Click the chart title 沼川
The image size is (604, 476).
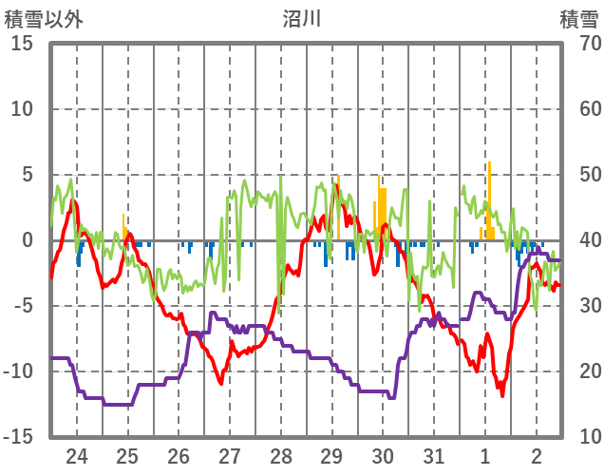[302, 18]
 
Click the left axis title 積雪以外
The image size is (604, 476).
[43, 18]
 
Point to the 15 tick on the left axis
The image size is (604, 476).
[23, 44]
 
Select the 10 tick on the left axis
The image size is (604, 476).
[23, 109]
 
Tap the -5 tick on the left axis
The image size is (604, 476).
[23, 306]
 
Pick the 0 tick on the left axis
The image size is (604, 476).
[28, 240]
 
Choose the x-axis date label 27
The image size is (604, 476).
[230, 455]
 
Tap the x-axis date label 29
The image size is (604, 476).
[331, 455]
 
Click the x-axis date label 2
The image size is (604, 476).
[537, 455]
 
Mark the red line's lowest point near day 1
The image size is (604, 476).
[502, 394]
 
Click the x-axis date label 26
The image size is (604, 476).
[179, 455]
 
